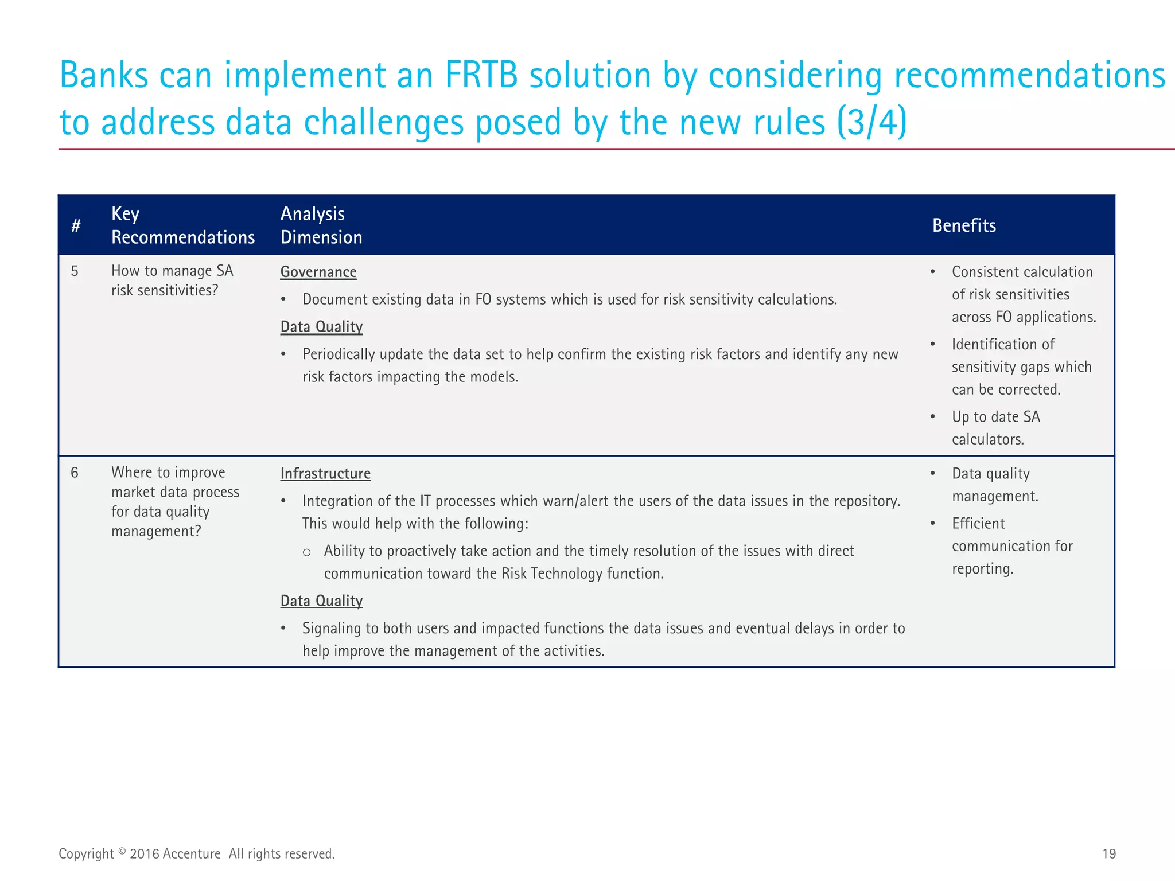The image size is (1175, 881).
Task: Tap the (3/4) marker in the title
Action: [871, 122]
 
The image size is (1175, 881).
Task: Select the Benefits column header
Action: [964, 225]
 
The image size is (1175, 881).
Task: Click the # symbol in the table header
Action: [76, 226]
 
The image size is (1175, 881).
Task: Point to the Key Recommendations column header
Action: [182, 225]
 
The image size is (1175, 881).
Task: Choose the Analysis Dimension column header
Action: [321, 225]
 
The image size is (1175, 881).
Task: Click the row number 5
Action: [75, 271]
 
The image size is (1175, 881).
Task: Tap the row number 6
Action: [75, 473]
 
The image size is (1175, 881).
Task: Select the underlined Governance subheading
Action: [318, 272]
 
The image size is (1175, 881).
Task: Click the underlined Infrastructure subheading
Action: [325, 474]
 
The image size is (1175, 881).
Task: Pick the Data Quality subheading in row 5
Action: [321, 327]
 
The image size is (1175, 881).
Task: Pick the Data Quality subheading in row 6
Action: [321, 601]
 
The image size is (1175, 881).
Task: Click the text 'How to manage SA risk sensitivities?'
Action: [172, 280]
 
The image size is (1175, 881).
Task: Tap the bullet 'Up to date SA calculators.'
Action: [995, 428]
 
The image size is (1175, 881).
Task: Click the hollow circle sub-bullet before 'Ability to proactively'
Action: [307, 552]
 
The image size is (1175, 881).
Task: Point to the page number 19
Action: [1108, 854]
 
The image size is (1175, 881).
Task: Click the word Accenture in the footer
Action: [192, 854]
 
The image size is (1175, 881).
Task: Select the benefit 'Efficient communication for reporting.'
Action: [1011, 546]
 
